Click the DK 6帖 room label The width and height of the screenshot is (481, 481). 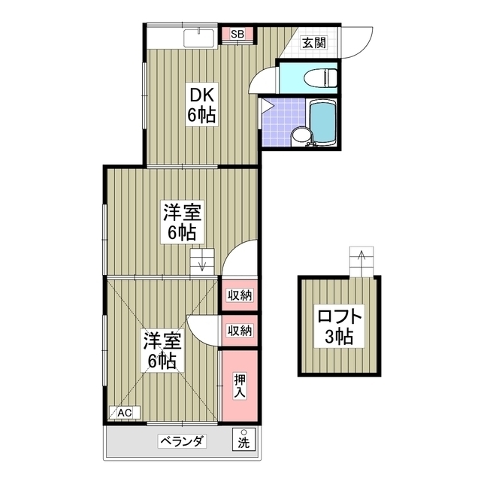coord(202,105)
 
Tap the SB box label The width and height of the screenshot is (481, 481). coord(237,34)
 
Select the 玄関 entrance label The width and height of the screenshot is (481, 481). coord(314,43)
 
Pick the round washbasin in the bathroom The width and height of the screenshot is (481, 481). coord(299,136)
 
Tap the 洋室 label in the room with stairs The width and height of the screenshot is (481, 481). coord(181,213)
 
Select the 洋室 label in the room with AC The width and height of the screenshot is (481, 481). coord(162,340)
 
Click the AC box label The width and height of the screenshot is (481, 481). coord(124,413)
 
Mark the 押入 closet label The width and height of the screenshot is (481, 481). coord(239,385)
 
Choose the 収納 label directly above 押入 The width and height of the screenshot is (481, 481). coord(240,330)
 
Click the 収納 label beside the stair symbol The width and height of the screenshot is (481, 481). coord(240,295)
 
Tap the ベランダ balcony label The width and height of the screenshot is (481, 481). coord(181,441)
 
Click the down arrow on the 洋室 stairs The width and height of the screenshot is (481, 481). coord(201,264)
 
